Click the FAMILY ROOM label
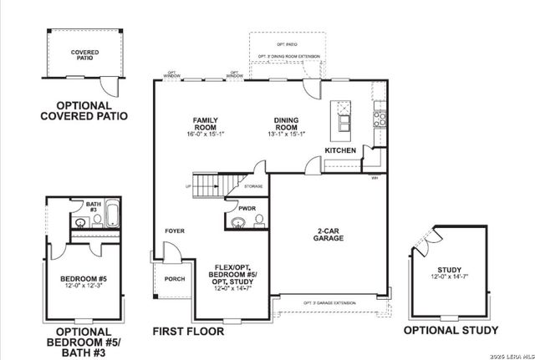[x=206, y=123]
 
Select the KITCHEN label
[x=341, y=150]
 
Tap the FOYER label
[x=175, y=231]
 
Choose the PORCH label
[x=175, y=279]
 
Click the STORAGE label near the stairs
[x=254, y=186]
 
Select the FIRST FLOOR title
[x=188, y=332]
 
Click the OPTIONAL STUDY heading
[x=451, y=330]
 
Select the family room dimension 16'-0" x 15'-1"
[x=206, y=134]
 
